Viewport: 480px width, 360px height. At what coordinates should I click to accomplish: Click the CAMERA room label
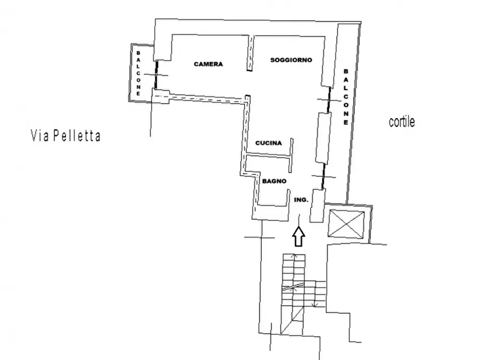pos(208,64)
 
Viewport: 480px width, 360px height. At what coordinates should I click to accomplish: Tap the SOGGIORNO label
pos(291,60)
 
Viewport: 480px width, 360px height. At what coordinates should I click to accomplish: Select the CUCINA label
pos(268,143)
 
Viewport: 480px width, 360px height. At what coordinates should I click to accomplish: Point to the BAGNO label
pos(274,181)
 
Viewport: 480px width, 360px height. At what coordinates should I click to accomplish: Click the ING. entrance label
pos(301,200)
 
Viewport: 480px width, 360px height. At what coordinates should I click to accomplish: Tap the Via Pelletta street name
pos(66,135)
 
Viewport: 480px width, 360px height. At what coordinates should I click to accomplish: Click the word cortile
pos(402,122)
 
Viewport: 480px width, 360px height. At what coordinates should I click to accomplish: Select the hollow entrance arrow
pos(299,236)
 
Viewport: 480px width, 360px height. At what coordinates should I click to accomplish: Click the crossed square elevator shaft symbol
pos(346,224)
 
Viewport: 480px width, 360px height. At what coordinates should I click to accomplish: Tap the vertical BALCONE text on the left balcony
pos(138,74)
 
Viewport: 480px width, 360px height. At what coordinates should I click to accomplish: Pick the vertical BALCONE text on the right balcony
pos(346,97)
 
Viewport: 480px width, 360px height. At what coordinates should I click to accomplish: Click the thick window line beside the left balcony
pos(156,74)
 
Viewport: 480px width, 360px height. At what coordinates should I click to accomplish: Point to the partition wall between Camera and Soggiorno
pos(250,53)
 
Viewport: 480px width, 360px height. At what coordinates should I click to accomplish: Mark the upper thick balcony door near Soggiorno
pos(328,100)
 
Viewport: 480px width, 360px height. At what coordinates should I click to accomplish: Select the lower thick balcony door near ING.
pos(323,176)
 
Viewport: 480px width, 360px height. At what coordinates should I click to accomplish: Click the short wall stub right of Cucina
pos(291,155)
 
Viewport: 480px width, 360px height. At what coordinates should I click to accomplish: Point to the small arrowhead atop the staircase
pos(293,255)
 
